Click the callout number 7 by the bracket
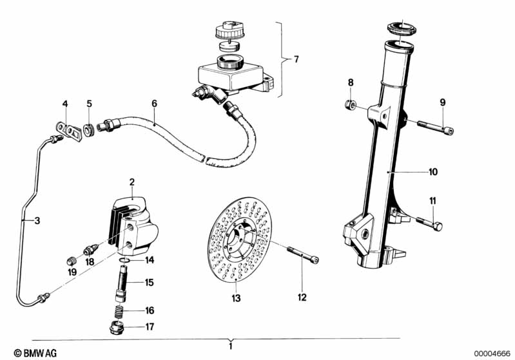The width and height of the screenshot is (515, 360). pyautogui.click(x=296, y=59)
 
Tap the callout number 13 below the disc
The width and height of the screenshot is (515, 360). pyautogui.click(x=236, y=298)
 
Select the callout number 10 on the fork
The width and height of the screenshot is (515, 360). pyautogui.click(x=434, y=172)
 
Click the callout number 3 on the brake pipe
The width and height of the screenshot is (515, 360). pyautogui.click(x=36, y=221)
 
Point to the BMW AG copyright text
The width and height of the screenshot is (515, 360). pyautogui.click(x=23, y=353)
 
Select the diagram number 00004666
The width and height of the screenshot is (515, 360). pyautogui.click(x=491, y=353)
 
